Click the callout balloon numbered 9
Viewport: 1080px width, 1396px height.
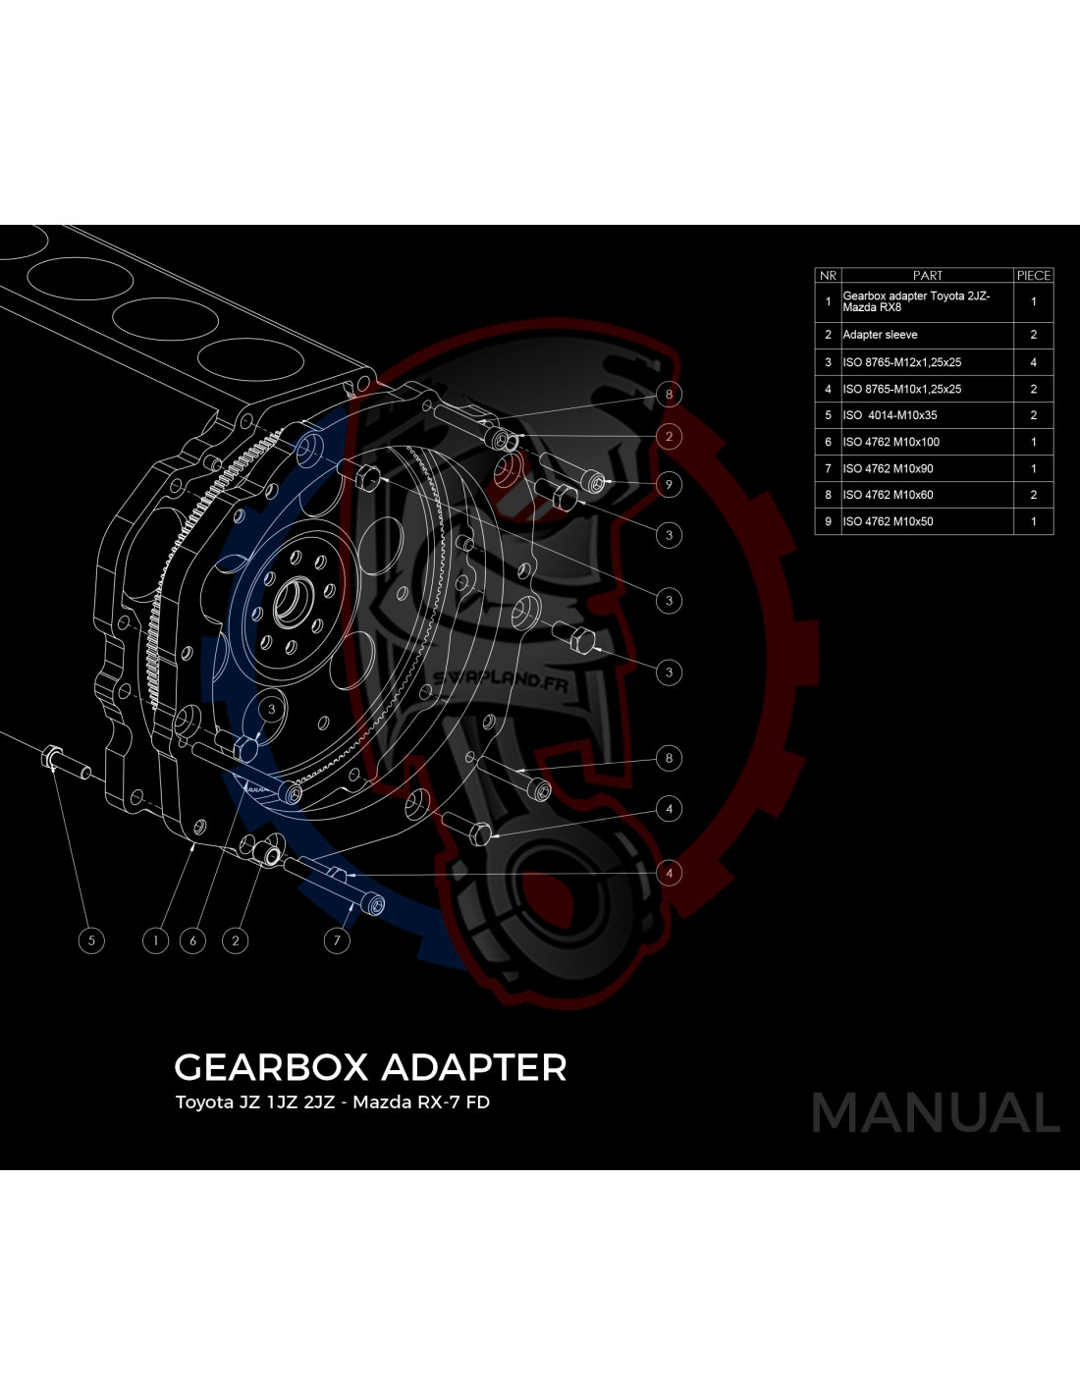pyautogui.click(x=669, y=484)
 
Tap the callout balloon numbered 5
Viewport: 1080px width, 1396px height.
pyautogui.click(x=91, y=940)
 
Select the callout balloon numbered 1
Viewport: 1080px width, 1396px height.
pyautogui.click(x=155, y=940)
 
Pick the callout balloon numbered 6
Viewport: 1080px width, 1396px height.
pyautogui.click(x=192, y=940)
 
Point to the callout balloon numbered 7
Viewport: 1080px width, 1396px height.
pyautogui.click(x=337, y=940)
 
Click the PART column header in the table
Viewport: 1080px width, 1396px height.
pyautogui.click(x=927, y=275)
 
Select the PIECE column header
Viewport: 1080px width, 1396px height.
pyautogui.click(x=1033, y=275)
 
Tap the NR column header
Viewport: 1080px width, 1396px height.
pyautogui.click(x=828, y=275)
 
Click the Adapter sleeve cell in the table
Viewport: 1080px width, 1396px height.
pyautogui.click(x=880, y=335)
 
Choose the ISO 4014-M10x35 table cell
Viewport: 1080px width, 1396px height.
pyautogui.click(x=890, y=415)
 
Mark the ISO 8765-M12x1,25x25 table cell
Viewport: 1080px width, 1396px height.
pyautogui.click(x=902, y=362)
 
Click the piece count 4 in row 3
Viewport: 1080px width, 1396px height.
pyautogui.click(x=1033, y=362)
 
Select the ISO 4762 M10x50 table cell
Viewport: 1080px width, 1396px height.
pyautogui.click(x=888, y=521)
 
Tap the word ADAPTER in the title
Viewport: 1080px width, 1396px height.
pyautogui.click(x=473, y=1067)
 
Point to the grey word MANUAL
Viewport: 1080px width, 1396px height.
pyautogui.click(x=936, y=1112)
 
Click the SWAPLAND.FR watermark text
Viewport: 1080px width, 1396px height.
pyautogui.click(x=500, y=682)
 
